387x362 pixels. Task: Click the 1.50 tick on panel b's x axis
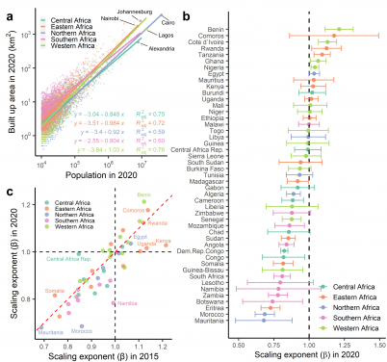(378, 342)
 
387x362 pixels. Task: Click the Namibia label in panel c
(124, 303)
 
